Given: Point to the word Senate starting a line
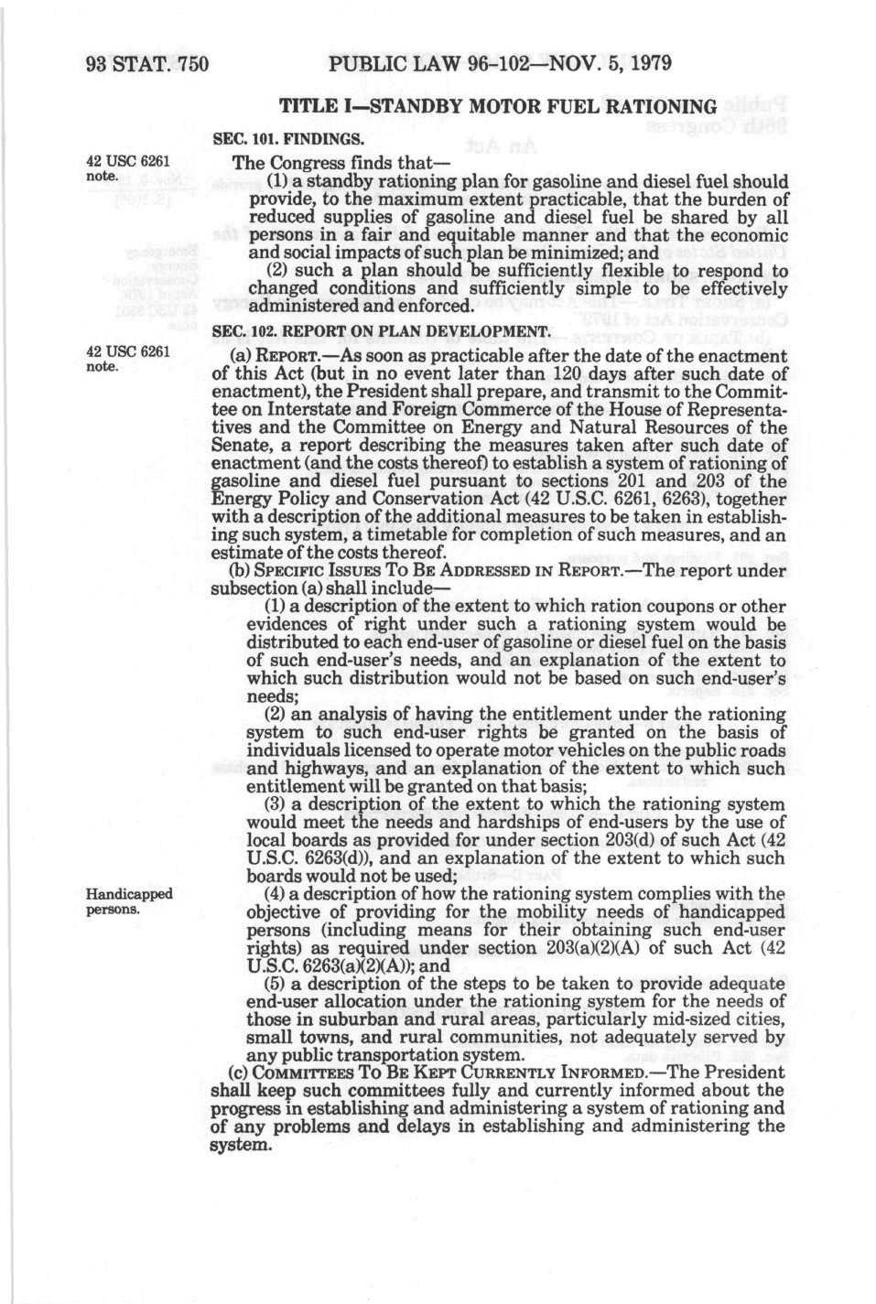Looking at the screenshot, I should pos(239,446).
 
